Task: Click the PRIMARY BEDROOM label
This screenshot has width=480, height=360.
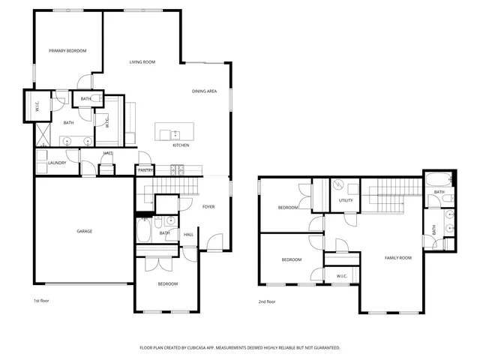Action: tap(67, 51)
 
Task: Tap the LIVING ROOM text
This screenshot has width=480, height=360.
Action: tap(142, 62)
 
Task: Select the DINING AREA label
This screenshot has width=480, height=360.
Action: tap(204, 91)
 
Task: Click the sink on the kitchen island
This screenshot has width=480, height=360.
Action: tap(175, 134)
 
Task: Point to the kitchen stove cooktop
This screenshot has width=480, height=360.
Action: tap(178, 170)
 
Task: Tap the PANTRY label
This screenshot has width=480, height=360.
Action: tap(145, 171)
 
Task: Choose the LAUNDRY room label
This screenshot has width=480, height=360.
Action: tap(57, 163)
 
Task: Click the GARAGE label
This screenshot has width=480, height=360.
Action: tap(84, 231)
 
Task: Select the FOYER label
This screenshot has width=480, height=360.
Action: tap(208, 206)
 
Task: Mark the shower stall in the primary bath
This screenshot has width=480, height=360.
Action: tap(43, 137)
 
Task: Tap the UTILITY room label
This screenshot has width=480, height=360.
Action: tap(346, 201)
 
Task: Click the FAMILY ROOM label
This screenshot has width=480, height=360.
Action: tap(398, 258)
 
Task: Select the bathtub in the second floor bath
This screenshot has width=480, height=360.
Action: tap(438, 180)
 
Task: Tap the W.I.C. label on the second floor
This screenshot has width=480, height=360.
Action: tap(341, 276)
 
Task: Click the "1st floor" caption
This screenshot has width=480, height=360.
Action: tap(41, 301)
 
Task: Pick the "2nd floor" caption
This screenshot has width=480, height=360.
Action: tap(266, 301)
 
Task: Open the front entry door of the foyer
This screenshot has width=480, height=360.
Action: tap(215, 243)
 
